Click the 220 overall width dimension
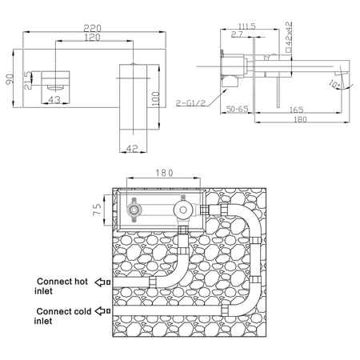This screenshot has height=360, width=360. [x=93, y=28]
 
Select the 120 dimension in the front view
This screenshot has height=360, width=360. [x=92, y=38]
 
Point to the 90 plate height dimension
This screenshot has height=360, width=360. [x=10, y=79]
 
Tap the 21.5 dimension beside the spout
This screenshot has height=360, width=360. [x=28, y=80]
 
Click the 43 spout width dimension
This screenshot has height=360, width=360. [x=54, y=100]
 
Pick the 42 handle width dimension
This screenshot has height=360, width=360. [x=132, y=148]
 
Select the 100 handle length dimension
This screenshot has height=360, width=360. [x=156, y=98]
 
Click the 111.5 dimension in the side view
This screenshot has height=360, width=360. [x=247, y=26]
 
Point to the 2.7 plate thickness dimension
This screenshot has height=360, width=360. [x=237, y=34]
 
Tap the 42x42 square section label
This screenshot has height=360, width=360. [x=288, y=37]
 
